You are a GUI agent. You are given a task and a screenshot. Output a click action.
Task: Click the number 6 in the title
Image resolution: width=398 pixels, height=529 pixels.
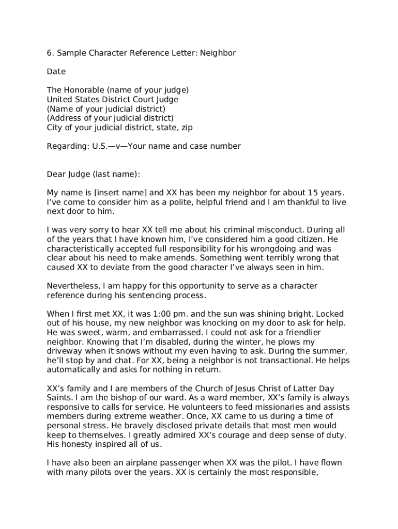click(x=49, y=53)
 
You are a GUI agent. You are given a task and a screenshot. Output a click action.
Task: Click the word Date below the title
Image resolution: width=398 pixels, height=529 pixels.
click(x=56, y=72)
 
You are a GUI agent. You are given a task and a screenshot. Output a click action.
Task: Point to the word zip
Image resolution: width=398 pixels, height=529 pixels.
click(x=187, y=128)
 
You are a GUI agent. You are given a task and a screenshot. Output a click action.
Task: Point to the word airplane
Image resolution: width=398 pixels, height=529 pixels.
click(x=141, y=462)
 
